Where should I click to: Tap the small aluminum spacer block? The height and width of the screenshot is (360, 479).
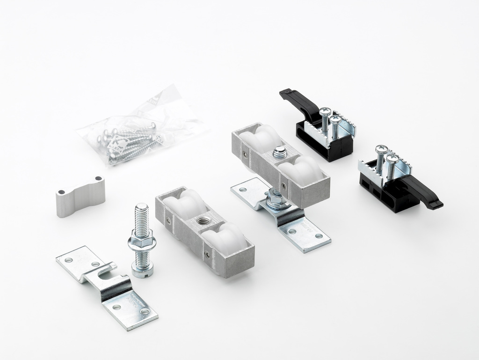80,196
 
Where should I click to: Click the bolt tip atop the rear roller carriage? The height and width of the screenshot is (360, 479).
280,151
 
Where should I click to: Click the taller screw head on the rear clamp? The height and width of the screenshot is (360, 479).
325,112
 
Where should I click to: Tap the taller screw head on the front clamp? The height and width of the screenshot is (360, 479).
381,149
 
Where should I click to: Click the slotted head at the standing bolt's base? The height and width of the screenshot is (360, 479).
142,271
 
